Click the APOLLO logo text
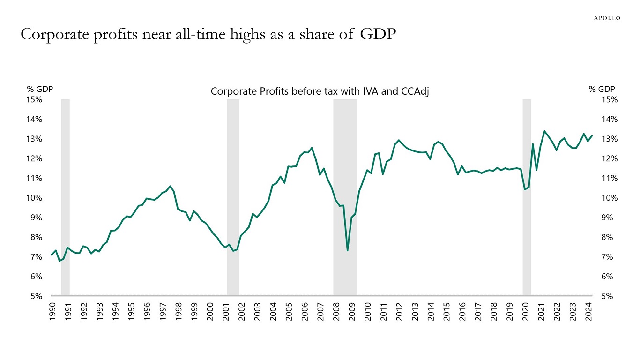click(x=607, y=18)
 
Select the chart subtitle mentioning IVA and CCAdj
click(x=320, y=91)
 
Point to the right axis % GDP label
click(x=602, y=89)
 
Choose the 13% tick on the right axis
click(x=608, y=139)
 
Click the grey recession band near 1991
click(x=66, y=197)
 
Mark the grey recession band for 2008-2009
click(x=345, y=197)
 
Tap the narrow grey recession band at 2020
click(x=527, y=197)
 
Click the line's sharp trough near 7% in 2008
click(x=348, y=250)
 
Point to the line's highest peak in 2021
click(x=544, y=131)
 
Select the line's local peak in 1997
click(x=170, y=186)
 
